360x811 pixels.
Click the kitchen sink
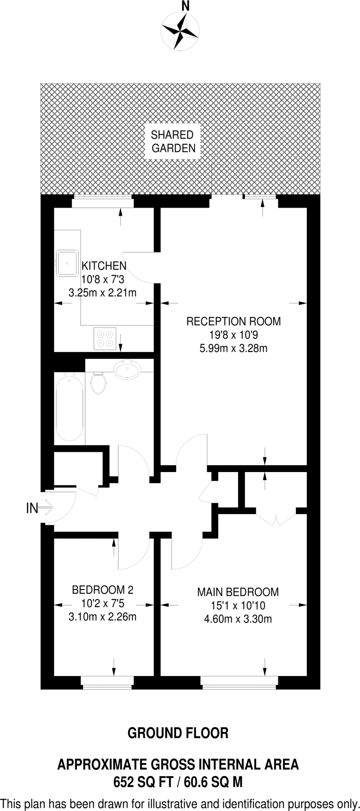[67, 262]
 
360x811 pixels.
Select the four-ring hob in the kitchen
[105, 339]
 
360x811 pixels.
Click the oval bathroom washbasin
[127, 369]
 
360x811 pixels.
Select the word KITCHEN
[104, 266]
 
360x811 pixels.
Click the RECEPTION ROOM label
[233, 321]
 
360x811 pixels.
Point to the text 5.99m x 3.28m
[233, 348]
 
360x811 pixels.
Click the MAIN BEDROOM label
[238, 592]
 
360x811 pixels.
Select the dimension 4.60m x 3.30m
[238, 619]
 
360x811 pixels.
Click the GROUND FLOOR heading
[178, 733]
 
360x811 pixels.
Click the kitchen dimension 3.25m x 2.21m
[103, 293]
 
